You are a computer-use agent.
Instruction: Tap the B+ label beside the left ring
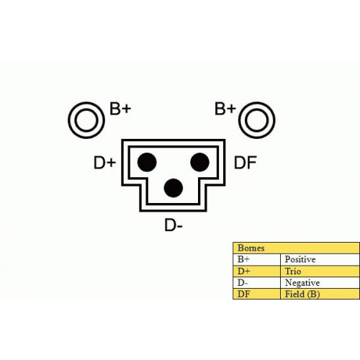click(x=120, y=109)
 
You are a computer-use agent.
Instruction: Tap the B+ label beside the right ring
click(x=225, y=109)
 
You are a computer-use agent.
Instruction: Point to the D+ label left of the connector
click(x=104, y=163)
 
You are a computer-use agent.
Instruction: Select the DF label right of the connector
click(x=246, y=163)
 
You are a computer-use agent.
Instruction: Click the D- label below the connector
click(x=174, y=225)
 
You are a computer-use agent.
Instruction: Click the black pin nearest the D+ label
click(x=147, y=162)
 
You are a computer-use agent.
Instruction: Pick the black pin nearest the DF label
click(x=199, y=162)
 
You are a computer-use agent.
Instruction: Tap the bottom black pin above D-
click(x=174, y=188)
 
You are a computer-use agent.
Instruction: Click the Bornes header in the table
click(x=251, y=248)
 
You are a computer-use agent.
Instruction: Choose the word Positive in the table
click(x=300, y=259)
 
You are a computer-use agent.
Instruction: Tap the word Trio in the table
click(x=293, y=271)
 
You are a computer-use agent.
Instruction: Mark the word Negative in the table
click(x=302, y=283)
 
